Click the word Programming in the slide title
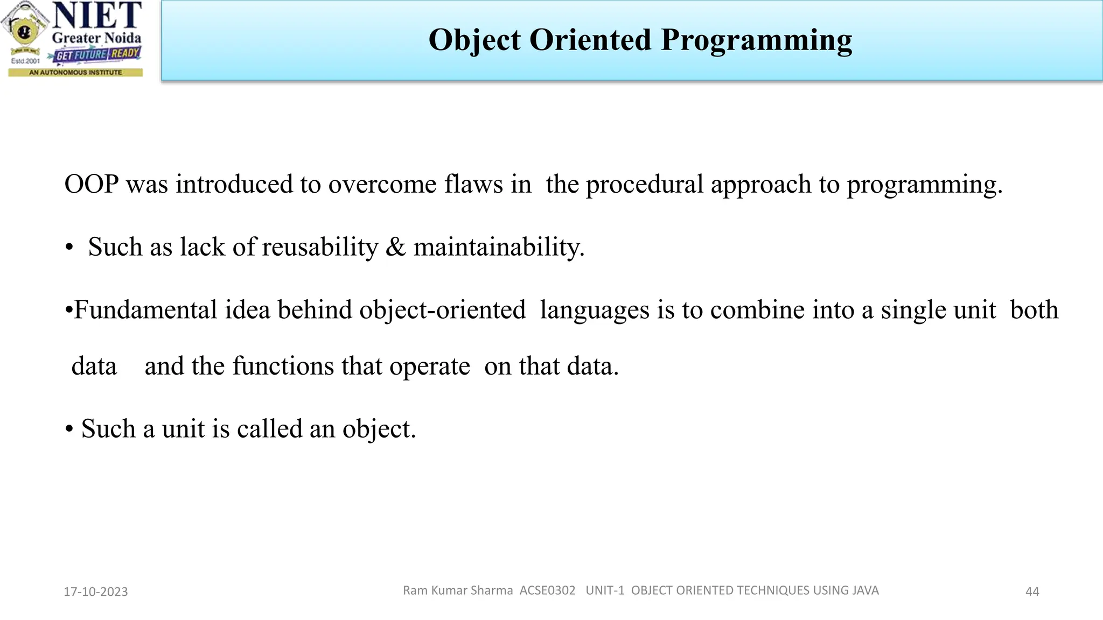pyautogui.click(x=756, y=40)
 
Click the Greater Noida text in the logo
pyautogui.click(x=96, y=38)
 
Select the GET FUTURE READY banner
pyautogui.click(x=97, y=54)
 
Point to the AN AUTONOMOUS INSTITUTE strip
pyautogui.click(x=75, y=72)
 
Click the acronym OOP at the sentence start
pyautogui.click(x=91, y=184)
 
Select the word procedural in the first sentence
pyautogui.click(x=644, y=185)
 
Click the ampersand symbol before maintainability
pyautogui.click(x=396, y=247)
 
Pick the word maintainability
pyautogui.click(x=499, y=248)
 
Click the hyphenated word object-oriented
pyautogui.click(x=442, y=311)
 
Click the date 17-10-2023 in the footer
pyautogui.click(x=96, y=591)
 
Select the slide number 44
pyautogui.click(x=1032, y=591)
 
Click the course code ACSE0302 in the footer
pyautogui.click(x=547, y=590)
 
